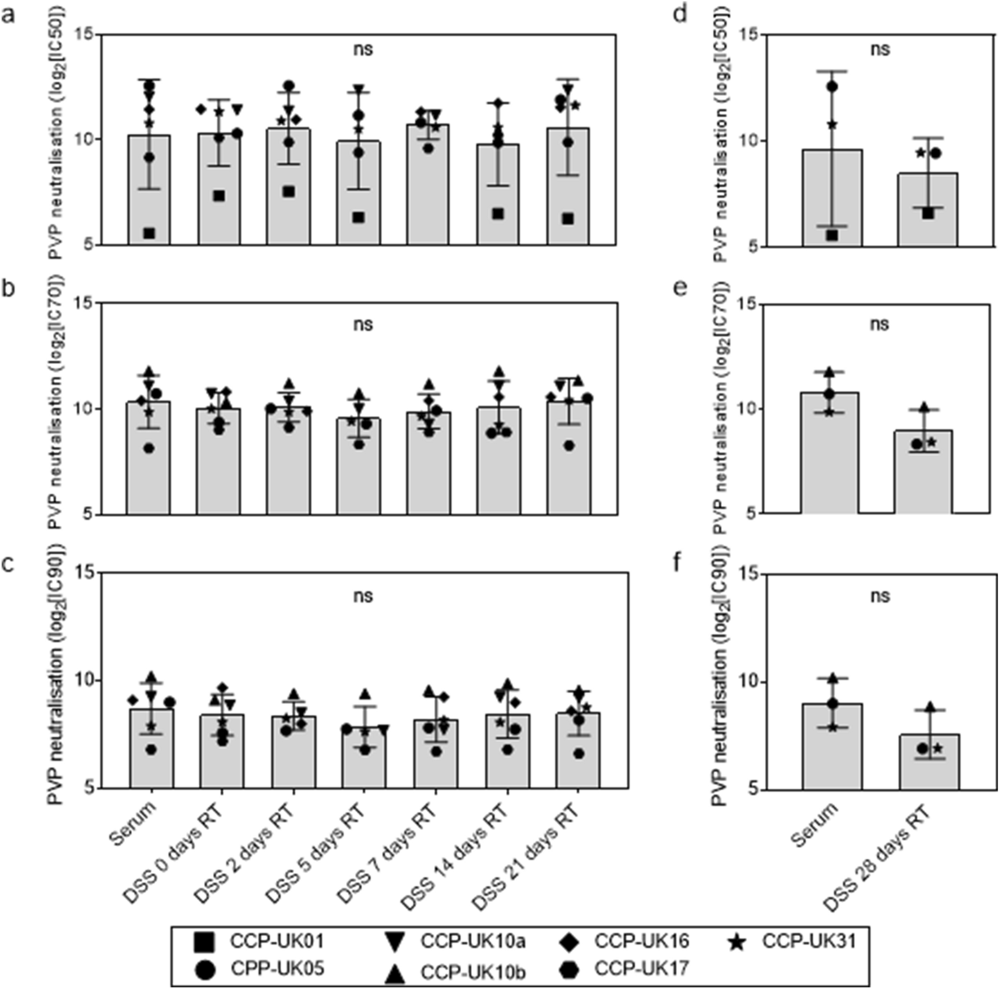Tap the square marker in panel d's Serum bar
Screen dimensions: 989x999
832,235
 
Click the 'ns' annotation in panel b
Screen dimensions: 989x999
363,325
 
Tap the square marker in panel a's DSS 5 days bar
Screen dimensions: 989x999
358,217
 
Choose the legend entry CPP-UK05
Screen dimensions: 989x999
277,969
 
